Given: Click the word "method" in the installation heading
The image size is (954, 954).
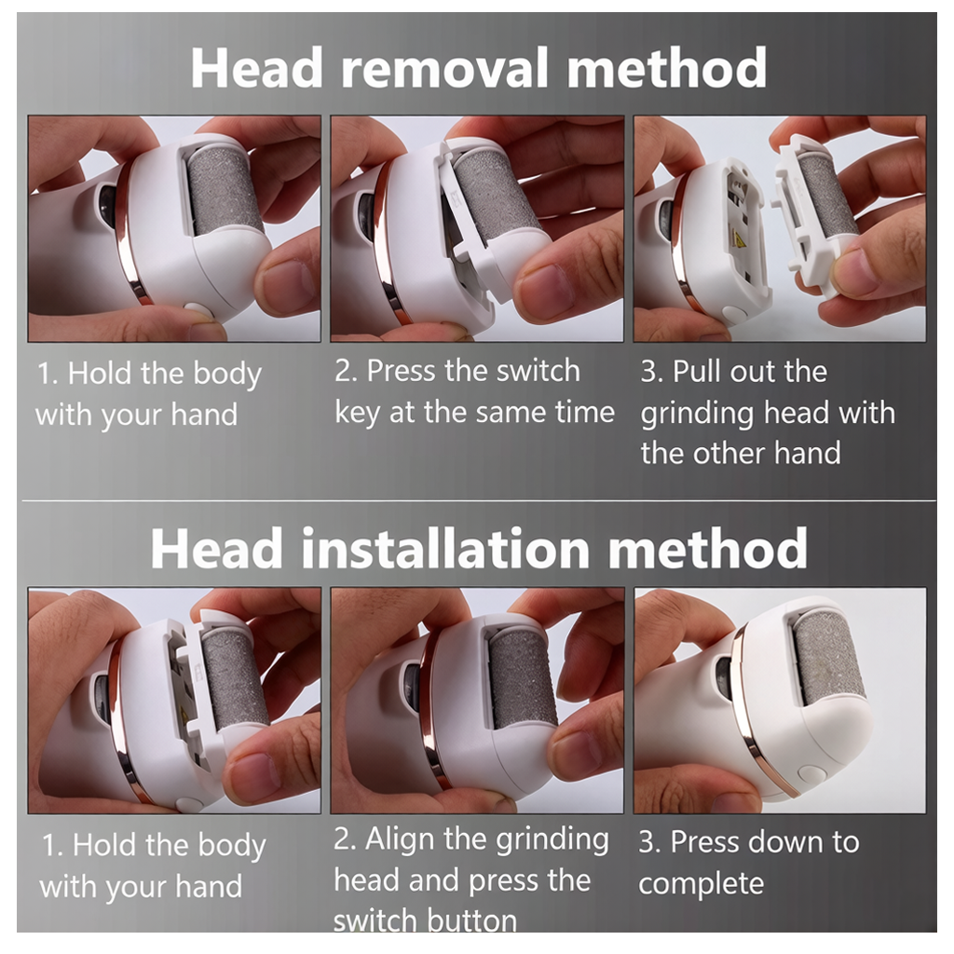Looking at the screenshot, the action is tap(708, 550).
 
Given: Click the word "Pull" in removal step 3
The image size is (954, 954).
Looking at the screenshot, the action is tap(696, 371).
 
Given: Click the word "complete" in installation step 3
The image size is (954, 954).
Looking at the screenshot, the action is tap(701, 883).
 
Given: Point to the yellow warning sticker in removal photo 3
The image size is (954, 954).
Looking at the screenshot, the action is tap(740, 242).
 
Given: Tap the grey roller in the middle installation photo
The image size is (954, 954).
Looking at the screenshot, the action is tap(522, 679).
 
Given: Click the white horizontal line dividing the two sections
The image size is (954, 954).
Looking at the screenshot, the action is tap(479, 500).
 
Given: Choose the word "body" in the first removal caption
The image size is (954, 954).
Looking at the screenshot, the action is tap(227, 375).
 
